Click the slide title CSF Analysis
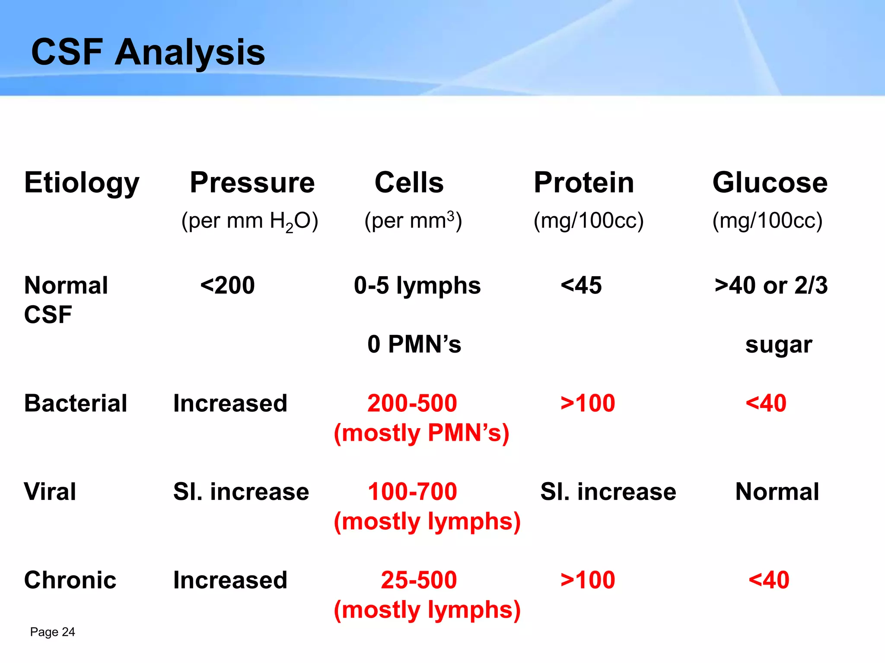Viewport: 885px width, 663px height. (148, 52)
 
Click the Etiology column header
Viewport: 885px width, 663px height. (82, 183)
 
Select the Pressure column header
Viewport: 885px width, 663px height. (252, 182)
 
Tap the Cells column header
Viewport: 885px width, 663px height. (409, 182)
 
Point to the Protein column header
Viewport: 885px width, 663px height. (584, 182)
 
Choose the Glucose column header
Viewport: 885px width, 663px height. (770, 182)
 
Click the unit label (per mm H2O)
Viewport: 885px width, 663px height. (250, 221)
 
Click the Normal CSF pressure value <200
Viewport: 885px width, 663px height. (227, 285)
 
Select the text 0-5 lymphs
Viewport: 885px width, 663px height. (417, 286)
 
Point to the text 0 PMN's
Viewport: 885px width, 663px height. (414, 344)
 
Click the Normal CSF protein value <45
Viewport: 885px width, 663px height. (581, 285)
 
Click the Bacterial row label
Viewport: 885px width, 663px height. (76, 403)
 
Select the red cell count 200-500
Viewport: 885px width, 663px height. (412, 403)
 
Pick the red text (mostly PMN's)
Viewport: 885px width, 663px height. (421, 433)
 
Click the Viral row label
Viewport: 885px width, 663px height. (50, 492)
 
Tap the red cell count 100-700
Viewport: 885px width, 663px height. (412, 492)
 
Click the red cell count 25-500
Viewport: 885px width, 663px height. (418, 580)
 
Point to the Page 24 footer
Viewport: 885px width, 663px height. (52, 632)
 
